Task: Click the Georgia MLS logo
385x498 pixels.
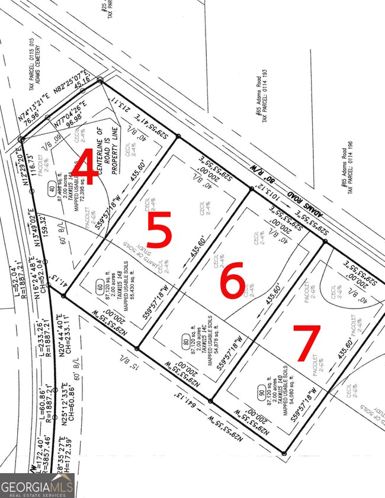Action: pos(37,486)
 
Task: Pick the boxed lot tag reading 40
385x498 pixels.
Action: pos(52,189)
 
